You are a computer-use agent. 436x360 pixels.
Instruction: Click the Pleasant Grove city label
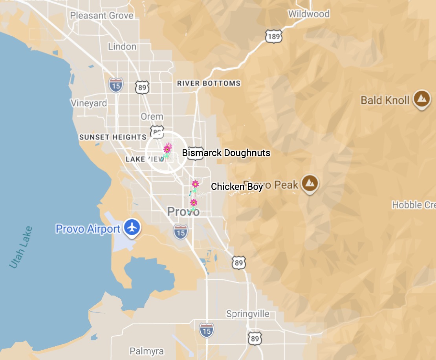click(102, 16)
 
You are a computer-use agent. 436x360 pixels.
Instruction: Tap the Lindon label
click(122, 46)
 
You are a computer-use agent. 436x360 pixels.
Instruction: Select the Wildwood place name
click(308, 14)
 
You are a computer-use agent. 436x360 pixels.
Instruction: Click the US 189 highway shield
click(273, 36)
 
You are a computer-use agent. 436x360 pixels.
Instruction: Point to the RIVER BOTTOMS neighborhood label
click(209, 83)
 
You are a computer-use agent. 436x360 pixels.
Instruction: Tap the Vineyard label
click(89, 103)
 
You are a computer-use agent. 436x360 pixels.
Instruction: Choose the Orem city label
click(152, 116)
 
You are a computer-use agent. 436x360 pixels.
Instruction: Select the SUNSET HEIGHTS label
click(113, 137)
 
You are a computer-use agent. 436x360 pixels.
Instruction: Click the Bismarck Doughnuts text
click(226, 152)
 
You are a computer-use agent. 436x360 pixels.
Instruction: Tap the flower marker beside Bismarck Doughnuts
click(168, 149)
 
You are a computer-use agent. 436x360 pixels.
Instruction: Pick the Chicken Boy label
click(237, 187)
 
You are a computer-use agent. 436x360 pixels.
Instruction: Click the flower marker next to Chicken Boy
click(195, 184)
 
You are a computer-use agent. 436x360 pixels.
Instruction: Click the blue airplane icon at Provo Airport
click(133, 228)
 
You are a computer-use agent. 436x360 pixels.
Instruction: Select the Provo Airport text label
click(88, 229)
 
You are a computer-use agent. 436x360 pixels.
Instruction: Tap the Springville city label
click(248, 314)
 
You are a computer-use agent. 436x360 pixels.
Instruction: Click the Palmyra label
click(147, 351)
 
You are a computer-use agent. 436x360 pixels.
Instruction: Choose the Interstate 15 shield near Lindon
click(116, 84)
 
